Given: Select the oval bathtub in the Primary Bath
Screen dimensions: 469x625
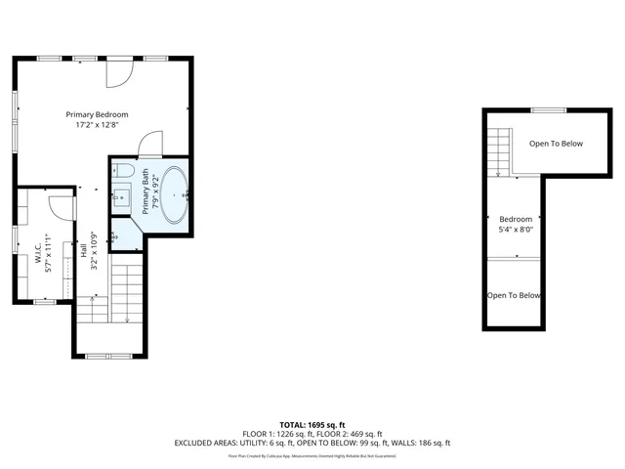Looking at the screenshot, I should (175, 194).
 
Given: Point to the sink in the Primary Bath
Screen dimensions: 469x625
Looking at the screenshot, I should (121, 197).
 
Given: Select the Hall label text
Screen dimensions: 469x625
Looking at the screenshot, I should (84, 251).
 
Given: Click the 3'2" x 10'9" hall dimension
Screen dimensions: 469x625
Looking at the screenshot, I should (94, 251).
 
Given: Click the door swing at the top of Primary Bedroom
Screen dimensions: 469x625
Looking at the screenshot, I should (121, 71).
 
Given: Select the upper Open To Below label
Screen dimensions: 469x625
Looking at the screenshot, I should (556, 144).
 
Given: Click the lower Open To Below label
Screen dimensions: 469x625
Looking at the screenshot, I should (514, 296).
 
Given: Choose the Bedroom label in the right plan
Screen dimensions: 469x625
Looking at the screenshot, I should (516, 219).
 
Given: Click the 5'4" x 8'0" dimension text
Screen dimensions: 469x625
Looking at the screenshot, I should (516, 231).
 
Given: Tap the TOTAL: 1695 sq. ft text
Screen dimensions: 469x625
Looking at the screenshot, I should (312, 425).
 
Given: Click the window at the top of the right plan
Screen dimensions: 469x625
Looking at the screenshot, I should (548, 110).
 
